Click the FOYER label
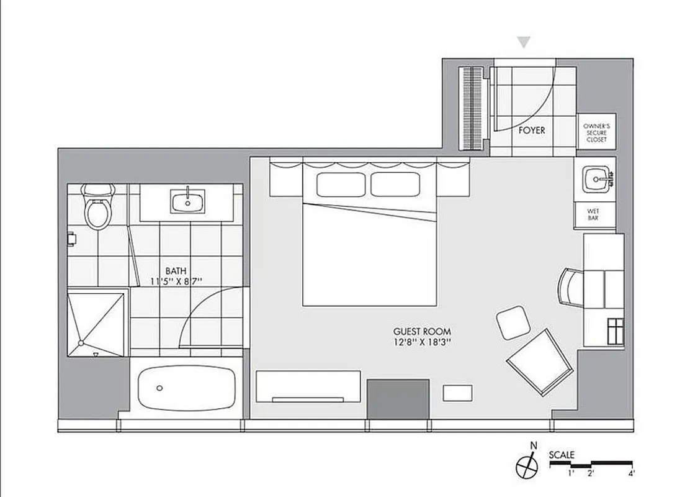tap(532, 130)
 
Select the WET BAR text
tap(594, 214)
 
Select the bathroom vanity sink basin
tap(186, 201)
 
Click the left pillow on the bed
tap(341, 185)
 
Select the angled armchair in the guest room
tap(539, 360)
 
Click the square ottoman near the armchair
tap(514, 322)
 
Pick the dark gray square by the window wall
tap(398, 398)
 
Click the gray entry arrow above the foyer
tap(525, 42)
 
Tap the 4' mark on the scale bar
tap(630, 474)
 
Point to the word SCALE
tap(562, 455)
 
